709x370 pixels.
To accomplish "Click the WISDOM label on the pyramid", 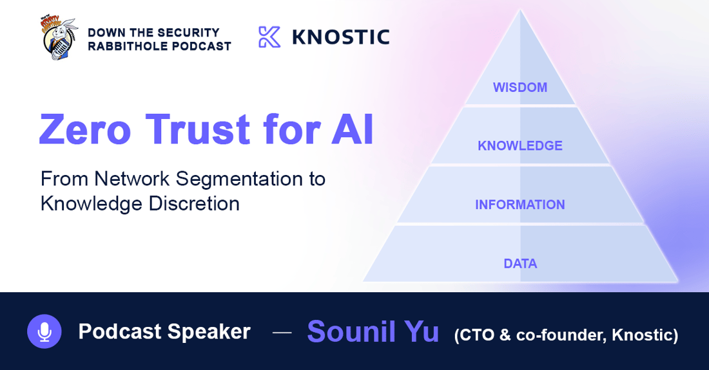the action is [520, 87].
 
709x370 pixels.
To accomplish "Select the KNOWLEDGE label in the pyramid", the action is [520, 145].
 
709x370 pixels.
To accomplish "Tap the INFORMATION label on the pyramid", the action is [520, 205].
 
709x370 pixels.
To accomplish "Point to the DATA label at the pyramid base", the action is [520, 264].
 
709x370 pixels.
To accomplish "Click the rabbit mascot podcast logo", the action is [59, 39].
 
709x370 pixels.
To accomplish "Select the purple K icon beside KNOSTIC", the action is [269, 37].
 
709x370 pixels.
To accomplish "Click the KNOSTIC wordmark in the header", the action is [341, 37].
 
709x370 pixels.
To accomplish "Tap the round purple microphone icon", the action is [44, 331].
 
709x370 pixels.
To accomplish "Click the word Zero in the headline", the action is [85, 129].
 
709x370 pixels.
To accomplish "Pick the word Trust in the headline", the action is [198, 129].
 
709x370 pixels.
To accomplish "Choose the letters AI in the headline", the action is [353, 129].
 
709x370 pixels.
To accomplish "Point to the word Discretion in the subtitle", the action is [194, 203].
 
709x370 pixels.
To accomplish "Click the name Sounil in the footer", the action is [351, 331].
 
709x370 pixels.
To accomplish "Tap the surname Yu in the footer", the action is [422, 331].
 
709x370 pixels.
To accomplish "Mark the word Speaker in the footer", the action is [209, 332].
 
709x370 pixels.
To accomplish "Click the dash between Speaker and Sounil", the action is [282, 333].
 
